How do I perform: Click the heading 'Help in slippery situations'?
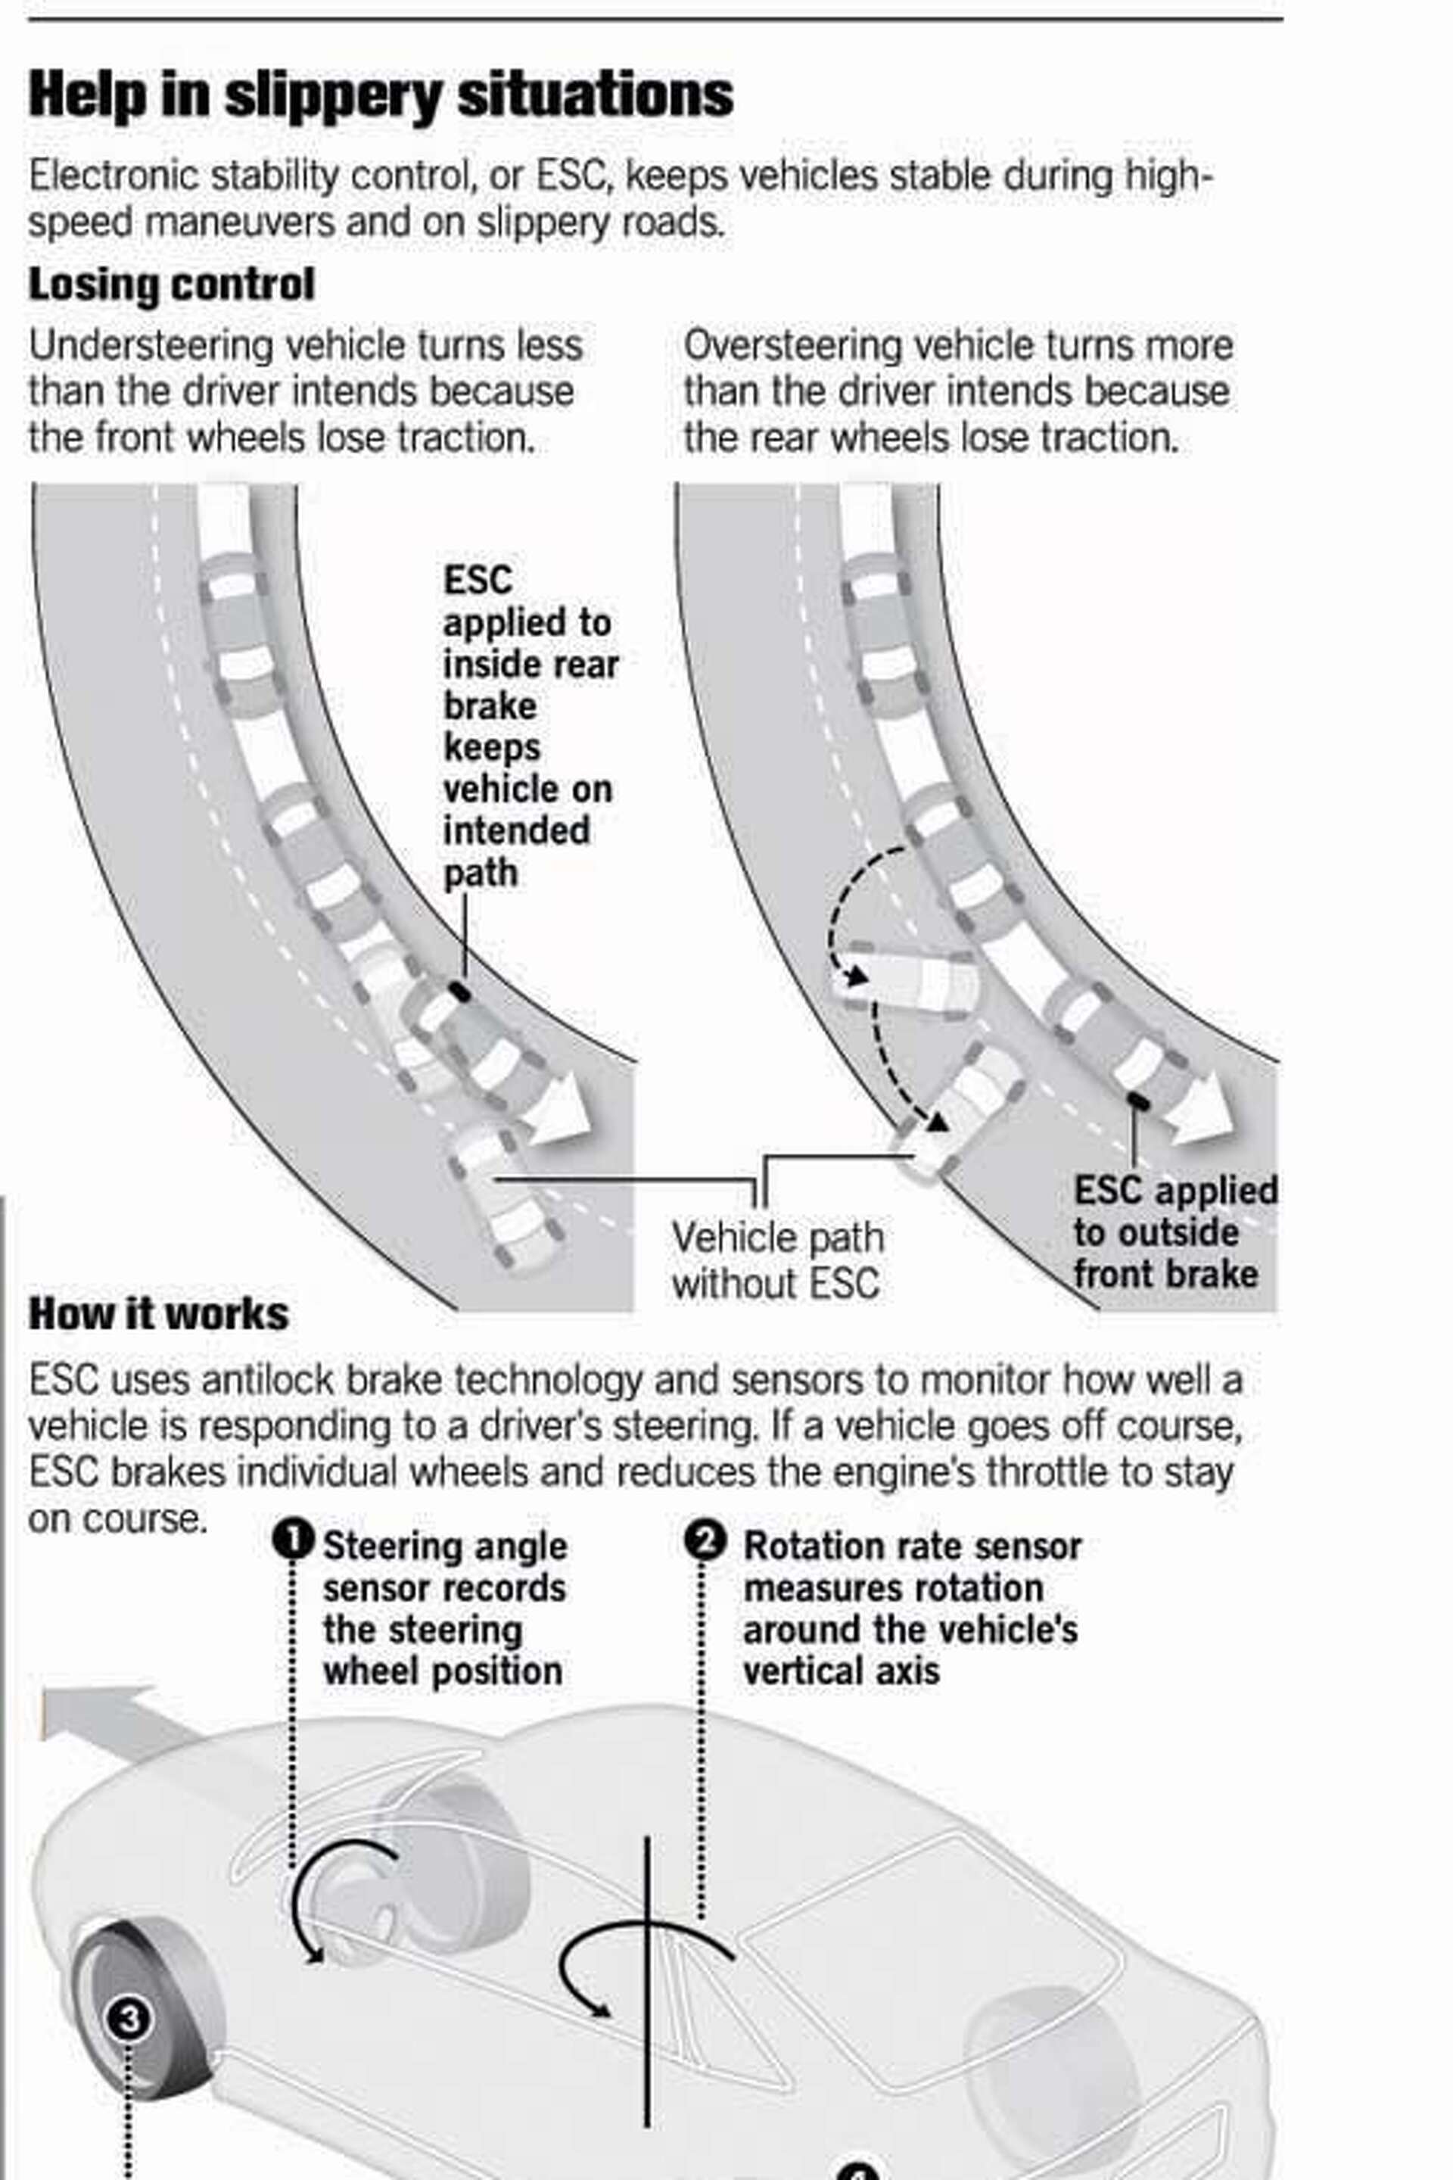point(380,95)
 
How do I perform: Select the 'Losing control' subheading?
point(172,285)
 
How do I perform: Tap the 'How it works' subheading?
point(158,1313)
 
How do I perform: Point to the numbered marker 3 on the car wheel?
point(128,2018)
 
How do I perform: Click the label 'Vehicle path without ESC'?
point(776,1260)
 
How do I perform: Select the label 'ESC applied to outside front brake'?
point(1173,1233)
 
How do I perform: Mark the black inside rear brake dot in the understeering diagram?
point(459,992)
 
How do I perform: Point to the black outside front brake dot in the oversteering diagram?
point(1137,1101)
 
